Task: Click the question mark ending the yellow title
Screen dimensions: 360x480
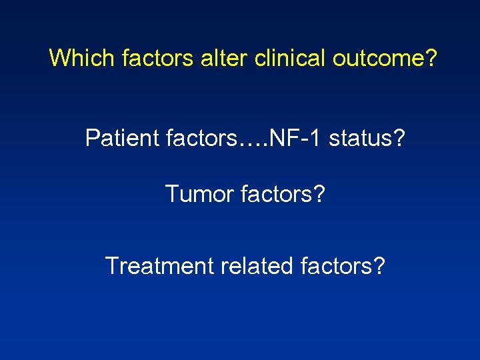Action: [x=431, y=58]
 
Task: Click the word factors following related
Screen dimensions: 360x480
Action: [x=336, y=266]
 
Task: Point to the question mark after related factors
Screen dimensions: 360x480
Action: [x=379, y=266]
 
